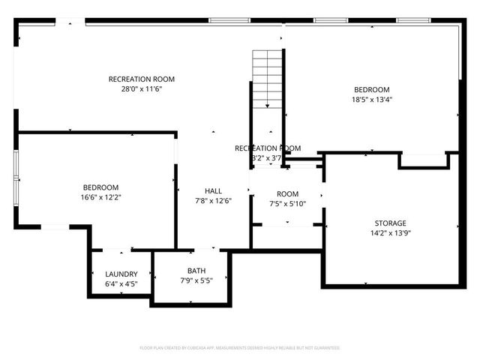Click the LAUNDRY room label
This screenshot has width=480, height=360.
(121, 274)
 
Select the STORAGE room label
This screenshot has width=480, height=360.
(390, 223)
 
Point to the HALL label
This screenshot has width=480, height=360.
(213, 190)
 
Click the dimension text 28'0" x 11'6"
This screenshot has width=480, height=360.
(142, 88)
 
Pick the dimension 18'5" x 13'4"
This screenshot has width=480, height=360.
(371, 99)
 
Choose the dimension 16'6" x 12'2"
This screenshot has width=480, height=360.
(100, 197)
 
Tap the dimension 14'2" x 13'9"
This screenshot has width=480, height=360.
(390, 233)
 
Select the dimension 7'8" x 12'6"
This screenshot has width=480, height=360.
(213, 200)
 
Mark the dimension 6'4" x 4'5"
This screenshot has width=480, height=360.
(121, 284)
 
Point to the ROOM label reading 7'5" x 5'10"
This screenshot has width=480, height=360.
(287, 193)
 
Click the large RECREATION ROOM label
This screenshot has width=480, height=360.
(142, 79)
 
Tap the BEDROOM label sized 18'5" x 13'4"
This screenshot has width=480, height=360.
(371, 89)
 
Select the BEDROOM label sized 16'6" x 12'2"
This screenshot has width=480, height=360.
(100, 187)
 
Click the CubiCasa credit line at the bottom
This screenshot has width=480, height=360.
(240, 348)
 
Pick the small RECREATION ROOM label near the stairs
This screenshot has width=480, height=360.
(268, 148)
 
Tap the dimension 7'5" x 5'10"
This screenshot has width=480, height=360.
(287, 203)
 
